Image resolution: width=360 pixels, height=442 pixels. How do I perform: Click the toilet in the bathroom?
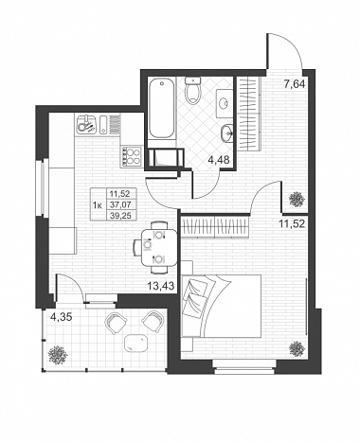193,90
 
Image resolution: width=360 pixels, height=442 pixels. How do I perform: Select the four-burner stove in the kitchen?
132,156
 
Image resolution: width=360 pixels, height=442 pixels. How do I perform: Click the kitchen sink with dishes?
86,124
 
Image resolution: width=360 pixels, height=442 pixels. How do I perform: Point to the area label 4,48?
218,161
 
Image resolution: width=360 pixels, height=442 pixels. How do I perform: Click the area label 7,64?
295,84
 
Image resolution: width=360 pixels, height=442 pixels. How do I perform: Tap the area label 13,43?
161,286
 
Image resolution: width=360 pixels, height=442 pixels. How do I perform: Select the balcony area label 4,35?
62,317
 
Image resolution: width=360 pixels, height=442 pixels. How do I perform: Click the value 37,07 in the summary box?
118,204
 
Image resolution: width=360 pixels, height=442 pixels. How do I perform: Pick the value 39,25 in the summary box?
118,215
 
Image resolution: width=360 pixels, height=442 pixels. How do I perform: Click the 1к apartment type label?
98,205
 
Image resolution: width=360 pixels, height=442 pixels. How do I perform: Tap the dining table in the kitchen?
159,248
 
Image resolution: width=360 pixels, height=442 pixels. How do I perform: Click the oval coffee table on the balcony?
136,343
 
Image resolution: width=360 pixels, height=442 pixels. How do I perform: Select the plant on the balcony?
58,356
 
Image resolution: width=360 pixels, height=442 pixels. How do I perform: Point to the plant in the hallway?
297,199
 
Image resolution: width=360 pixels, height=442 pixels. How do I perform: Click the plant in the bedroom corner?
297,349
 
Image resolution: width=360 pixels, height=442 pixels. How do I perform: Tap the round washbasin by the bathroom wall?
227,132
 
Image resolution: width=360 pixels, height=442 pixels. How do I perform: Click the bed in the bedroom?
221,306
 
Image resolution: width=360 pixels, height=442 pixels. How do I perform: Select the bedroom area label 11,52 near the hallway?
292,224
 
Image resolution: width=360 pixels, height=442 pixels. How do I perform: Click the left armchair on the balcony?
115,322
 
